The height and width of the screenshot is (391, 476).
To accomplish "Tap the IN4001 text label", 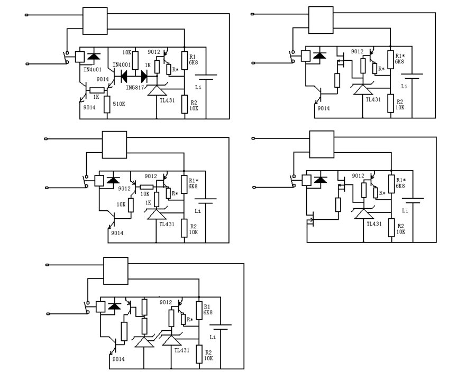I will pos(122,65).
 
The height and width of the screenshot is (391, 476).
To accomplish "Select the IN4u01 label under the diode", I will pos(93,69).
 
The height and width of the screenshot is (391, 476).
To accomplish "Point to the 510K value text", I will pos(119,104).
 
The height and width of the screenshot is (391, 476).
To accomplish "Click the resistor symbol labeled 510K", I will pos(107,104).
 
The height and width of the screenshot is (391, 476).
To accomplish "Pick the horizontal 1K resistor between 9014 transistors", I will pos(96,90).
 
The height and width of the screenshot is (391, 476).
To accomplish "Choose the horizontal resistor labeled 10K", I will pos(146,187).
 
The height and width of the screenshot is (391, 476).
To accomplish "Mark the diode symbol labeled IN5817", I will pos(143,76).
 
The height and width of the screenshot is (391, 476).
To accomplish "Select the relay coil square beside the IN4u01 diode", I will pos(79,56).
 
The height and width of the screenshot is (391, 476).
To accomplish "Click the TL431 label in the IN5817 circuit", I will pos(167,100).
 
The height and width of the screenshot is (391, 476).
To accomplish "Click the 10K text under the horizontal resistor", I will pos(144,194).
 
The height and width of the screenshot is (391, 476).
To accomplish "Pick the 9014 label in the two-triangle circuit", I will pos(118,359).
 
